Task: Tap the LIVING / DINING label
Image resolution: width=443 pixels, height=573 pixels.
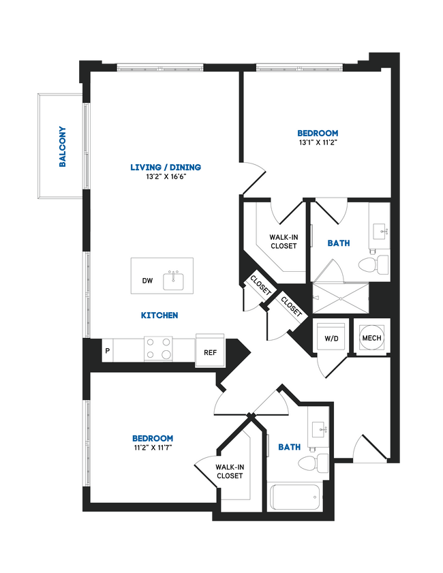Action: pos(166,167)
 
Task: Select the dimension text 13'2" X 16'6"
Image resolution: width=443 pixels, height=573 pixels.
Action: pos(166,176)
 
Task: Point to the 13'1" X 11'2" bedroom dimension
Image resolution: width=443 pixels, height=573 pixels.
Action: pos(318,143)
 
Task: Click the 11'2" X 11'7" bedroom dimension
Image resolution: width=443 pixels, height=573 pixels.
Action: pos(153,448)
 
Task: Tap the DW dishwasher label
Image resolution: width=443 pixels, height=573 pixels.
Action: pos(147,280)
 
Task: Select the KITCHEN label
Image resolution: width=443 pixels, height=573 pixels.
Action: pos(159,315)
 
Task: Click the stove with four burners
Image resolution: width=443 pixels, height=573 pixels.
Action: pos(158,350)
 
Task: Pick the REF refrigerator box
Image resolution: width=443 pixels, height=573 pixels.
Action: pos(210,351)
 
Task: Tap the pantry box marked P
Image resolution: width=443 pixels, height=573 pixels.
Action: pos(107,351)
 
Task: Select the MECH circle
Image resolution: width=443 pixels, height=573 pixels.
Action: pos(371,337)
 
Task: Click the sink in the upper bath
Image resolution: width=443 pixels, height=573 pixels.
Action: pos(379,232)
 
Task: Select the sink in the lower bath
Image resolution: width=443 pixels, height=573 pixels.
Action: pos(318,430)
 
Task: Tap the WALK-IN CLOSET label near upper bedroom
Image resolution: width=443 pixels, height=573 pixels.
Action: pos(283,241)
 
